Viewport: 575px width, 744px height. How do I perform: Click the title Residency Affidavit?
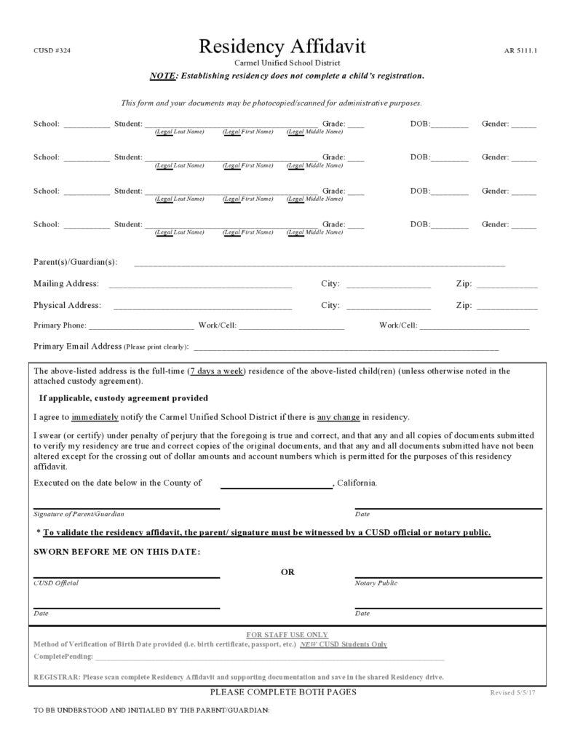tap(282, 47)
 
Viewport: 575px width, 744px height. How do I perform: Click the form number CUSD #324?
tap(52, 50)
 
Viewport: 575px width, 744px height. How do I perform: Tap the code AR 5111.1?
tap(520, 51)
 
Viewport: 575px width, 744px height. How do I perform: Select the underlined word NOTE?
tap(163, 76)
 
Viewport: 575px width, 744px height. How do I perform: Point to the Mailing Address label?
tap(66, 284)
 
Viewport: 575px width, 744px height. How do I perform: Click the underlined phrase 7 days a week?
tap(217, 371)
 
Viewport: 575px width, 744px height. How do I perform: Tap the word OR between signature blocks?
tap(287, 572)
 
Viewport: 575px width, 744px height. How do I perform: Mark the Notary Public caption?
tap(376, 583)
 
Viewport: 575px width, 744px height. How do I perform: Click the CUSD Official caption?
tap(56, 583)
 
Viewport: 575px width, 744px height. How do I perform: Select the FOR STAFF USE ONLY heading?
tap(287, 635)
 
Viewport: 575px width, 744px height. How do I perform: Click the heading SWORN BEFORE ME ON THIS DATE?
tap(117, 552)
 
